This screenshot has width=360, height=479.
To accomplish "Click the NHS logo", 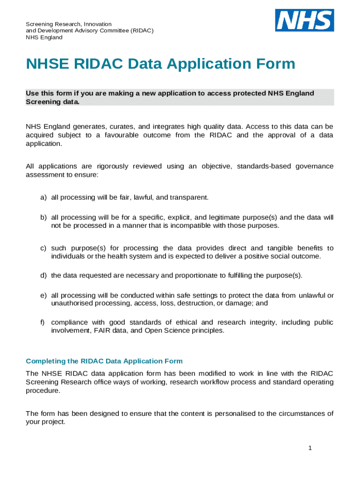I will click(304, 20).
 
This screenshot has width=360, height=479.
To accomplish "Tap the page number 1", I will click(310, 448).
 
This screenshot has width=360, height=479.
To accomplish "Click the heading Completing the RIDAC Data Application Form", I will click(104, 361).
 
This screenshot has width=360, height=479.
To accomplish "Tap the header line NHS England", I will click(44, 37).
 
